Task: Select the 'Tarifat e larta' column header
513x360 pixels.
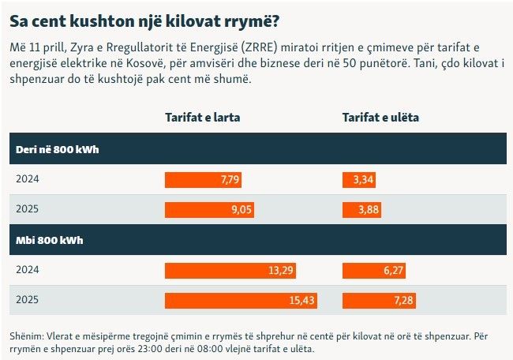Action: click(202, 118)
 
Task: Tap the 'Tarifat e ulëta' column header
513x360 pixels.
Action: click(380, 118)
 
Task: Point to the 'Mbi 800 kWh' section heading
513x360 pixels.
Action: click(50, 239)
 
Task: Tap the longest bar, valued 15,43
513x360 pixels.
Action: click(240, 300)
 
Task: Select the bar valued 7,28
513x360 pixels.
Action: click(379, 300)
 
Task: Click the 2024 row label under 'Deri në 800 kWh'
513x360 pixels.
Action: click(27, 179)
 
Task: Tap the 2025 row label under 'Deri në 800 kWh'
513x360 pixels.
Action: click(27, 209)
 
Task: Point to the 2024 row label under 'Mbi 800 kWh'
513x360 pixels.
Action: click(27, 270)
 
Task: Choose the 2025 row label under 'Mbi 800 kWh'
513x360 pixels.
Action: click(27, 300)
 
